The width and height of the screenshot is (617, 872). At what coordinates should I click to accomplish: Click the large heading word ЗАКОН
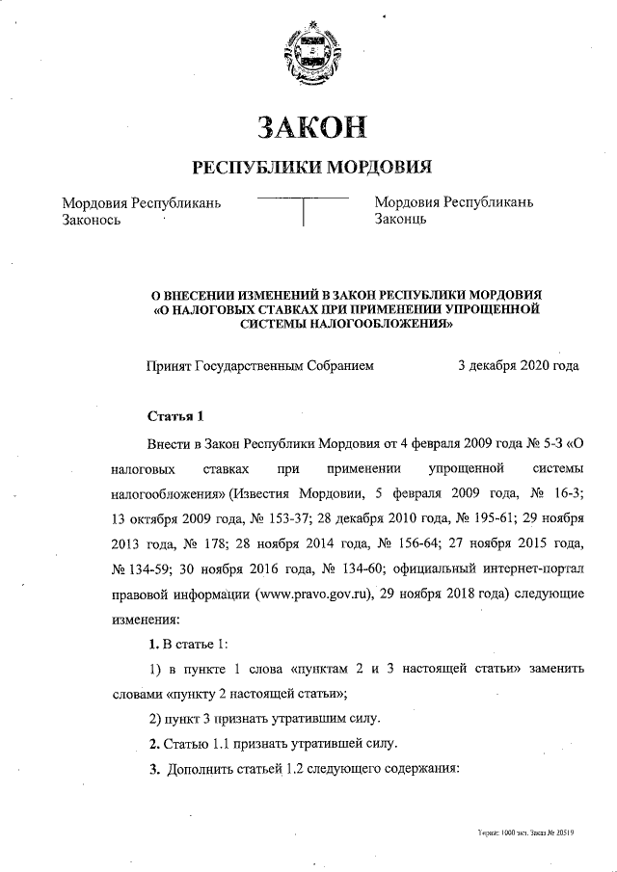click(308, 127)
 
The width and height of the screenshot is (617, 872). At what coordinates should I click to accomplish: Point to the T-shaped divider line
click(303, 207)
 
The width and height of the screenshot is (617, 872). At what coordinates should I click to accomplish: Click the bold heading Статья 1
click(175, 417)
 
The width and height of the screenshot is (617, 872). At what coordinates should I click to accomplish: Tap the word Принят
click(169, 366)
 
